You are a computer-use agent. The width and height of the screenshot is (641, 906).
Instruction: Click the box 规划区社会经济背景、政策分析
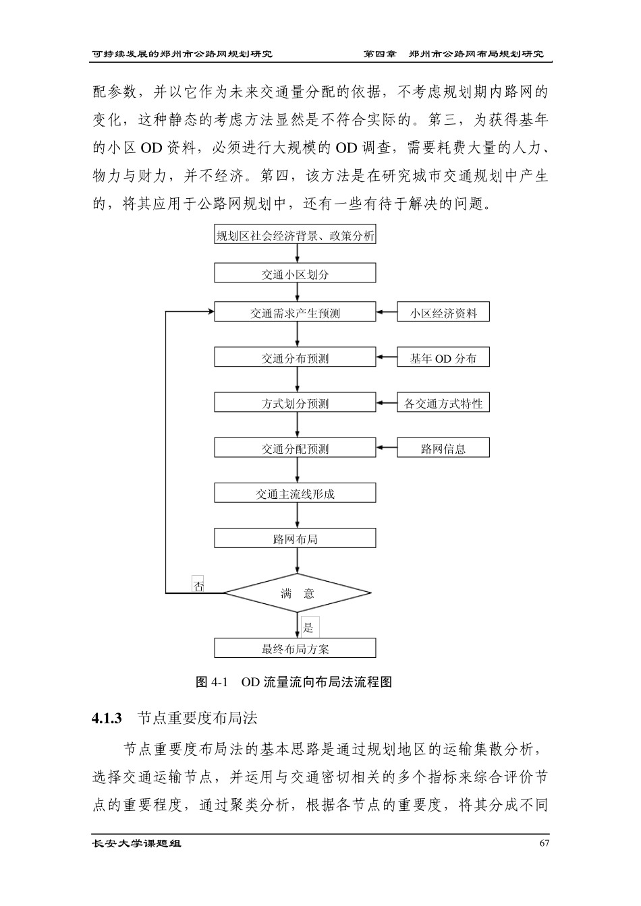[x=295, y=236]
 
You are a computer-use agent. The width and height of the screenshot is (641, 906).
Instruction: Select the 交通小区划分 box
[x=295, y=274]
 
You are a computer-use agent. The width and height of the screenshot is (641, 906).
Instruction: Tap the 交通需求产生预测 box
[x=295, y=313]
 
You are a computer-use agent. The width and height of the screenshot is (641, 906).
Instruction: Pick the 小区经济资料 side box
[x=443, y=313]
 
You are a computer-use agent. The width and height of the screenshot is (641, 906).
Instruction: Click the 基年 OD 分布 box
[x=443, y=358]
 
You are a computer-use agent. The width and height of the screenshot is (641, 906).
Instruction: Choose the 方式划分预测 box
[x=295, y=403]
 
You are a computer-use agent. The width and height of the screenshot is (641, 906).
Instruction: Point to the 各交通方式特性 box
[x=443, y=403]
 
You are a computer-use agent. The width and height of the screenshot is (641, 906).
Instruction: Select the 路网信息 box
[x=443, y=448]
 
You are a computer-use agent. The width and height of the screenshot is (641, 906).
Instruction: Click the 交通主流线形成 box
[x=295, y=493]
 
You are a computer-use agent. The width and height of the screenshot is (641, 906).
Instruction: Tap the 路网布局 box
[x=295, y=539]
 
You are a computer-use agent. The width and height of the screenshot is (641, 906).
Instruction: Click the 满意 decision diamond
[x=298, y=593]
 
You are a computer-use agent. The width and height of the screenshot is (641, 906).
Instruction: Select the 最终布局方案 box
[x=295, y=648]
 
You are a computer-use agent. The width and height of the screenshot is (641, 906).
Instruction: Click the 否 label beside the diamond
[x=199, y=584]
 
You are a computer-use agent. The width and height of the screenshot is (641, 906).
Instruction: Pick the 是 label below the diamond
[x=308, y=628]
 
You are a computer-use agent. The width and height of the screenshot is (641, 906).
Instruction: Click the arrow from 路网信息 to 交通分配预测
[x=387, y=448]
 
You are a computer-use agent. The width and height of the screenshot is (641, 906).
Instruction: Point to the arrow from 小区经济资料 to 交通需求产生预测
[x=387, y=313]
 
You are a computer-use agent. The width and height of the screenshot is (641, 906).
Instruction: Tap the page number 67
[x=545, y=843]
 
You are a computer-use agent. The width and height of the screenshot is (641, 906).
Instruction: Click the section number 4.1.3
[x=107, y=718]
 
